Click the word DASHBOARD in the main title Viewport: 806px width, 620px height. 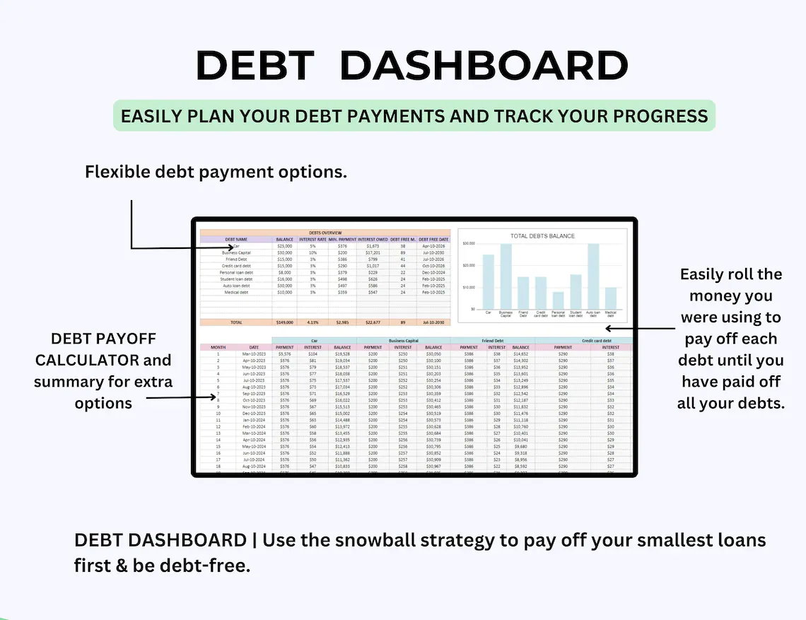[x=484, y=66]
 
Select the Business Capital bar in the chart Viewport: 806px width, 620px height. [x=506, y=276]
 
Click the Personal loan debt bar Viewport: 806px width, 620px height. [x=558, y=300]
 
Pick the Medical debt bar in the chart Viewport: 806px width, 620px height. [x=610, y=298]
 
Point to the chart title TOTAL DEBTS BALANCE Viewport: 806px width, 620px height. [x=542, y=235]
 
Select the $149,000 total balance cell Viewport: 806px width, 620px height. [x=284, y=322]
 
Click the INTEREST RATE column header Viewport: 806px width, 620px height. [x=313, y=240]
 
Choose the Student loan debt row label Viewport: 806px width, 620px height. [x=236, y=279]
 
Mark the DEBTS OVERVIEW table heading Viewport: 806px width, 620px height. [x=325, y=233]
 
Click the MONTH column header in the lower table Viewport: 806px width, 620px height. [x=218, y=347]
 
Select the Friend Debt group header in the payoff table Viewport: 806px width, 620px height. [x=493, y=341]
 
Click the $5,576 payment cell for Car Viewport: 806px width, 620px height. [x=285, y=353]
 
